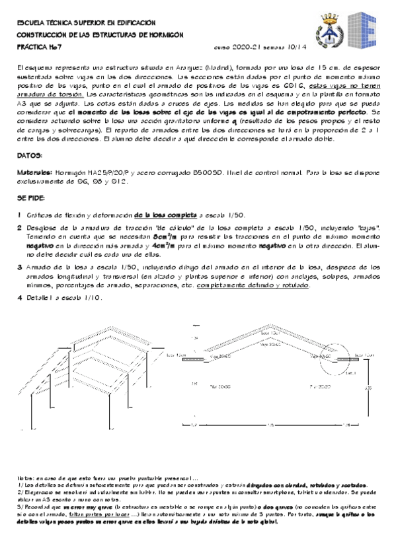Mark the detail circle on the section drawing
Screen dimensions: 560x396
click(325, 356)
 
